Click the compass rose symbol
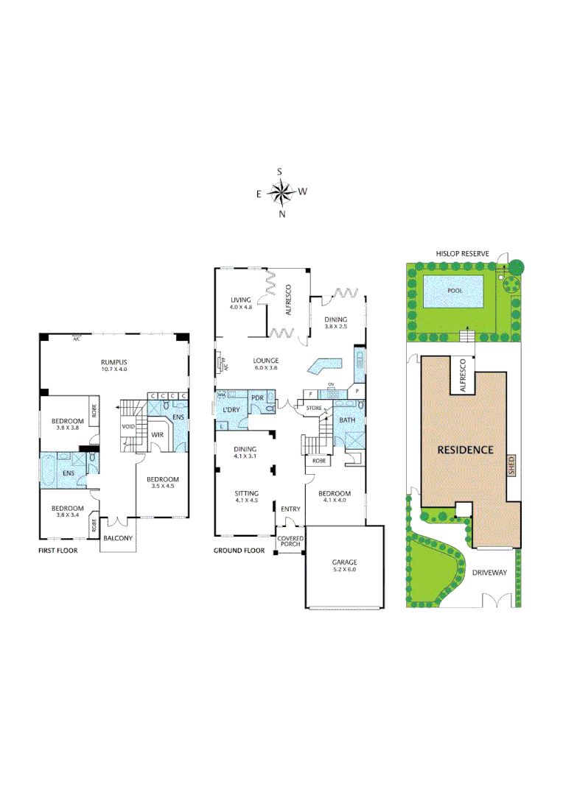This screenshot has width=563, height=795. [281, 193]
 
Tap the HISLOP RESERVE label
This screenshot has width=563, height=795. [464, 253]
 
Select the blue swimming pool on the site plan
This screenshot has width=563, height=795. [455, 291]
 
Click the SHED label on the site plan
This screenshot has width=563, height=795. [511, 464]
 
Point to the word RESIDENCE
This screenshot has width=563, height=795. [465, 449]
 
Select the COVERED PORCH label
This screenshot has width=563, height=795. [290, 543]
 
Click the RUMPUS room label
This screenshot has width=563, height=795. [115, 362]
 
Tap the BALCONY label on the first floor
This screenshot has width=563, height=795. [118, 538]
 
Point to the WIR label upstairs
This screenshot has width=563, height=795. [157, 435]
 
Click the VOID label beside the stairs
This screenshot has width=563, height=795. [129, 426]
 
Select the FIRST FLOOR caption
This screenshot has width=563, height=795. [58, 550]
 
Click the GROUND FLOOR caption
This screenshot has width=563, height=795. [239, 550]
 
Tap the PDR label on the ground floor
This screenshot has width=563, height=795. [257, 397]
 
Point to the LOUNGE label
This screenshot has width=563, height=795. [266, 360]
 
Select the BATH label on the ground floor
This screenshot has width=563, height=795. [347, 420]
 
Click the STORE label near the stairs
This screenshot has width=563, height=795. [314, 407]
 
